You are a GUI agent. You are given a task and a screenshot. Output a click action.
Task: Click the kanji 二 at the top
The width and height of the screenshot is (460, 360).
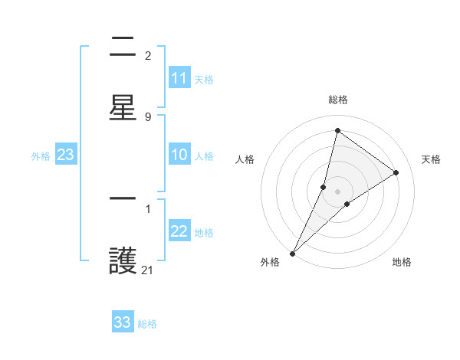[123, 47]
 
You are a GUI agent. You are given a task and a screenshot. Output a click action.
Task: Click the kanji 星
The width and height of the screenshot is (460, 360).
[123, 107]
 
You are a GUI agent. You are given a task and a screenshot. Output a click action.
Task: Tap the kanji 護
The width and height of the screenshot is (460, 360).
[123, 261]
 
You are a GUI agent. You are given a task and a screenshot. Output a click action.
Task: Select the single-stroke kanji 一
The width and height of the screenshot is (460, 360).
[123, 199]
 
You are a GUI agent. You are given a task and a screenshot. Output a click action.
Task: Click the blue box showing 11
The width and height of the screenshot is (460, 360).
[179, 78]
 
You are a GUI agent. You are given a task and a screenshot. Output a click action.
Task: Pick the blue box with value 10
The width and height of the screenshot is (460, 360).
[179, 155]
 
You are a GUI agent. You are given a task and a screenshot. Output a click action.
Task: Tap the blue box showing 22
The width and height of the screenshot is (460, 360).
[179, 232]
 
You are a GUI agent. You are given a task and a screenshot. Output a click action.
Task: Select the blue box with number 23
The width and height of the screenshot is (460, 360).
[66, 155]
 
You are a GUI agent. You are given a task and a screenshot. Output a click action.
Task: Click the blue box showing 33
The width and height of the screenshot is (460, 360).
[123, 322]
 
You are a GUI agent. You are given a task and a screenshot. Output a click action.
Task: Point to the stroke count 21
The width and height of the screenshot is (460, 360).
[148, 270]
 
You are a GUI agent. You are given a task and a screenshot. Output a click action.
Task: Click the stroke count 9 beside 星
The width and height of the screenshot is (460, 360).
[148, 116]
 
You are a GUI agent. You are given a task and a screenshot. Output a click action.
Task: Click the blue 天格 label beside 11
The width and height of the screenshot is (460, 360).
[204, 79]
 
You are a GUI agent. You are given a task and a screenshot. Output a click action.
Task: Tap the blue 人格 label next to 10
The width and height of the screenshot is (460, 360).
[204, 156]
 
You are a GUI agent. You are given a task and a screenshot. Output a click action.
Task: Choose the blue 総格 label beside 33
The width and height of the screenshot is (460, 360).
[147, 323]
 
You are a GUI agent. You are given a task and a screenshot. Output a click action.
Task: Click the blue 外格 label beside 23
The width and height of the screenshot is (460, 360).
[41, 156]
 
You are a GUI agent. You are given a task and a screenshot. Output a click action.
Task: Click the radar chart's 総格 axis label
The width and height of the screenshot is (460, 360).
[337, 100]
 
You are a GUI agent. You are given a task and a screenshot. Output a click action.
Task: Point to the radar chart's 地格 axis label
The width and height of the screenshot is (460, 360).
[402, 262]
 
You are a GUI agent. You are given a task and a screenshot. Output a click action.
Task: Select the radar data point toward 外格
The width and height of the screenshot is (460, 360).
[292, 253]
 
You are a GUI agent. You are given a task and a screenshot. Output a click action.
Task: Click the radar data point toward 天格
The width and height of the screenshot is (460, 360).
[396, 172]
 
